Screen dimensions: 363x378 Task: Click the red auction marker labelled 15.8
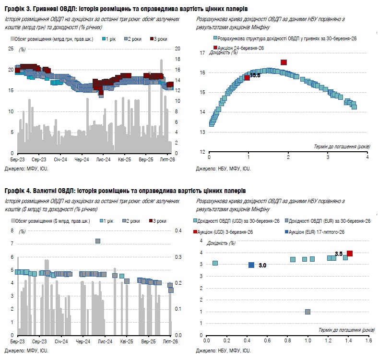tap(247, 77)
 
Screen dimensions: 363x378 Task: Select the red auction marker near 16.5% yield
tap(283, 62)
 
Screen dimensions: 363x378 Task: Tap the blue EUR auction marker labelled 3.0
tap(251, 265)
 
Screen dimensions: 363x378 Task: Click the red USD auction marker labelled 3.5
tap(350, 253)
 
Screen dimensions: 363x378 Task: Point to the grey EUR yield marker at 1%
tap(307, 312)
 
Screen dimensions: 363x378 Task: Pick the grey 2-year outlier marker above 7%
tap(98, 241)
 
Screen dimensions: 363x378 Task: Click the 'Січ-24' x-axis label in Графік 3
tap(60, 159)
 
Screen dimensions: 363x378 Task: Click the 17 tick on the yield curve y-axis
tap(202, 53)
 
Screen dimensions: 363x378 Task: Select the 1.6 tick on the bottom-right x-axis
tap(368, 341)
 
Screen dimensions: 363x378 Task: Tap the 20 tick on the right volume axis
tap(177, 48)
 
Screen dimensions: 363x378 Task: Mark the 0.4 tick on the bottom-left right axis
tap(178, 231)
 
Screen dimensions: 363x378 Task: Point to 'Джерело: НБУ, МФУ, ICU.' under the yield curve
tap(223, 169)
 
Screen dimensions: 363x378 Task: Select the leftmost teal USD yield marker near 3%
tap(215, 263)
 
